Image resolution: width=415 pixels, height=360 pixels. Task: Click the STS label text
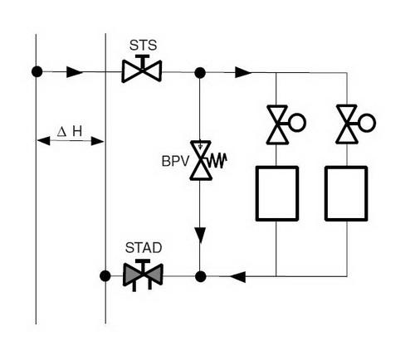[143, 45]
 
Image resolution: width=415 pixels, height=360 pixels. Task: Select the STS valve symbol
[142, 69]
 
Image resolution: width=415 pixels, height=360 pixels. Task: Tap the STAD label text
[144, 248]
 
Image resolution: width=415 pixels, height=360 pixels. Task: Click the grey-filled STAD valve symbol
[143, 275]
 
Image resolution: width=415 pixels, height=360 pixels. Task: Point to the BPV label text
[175, 161]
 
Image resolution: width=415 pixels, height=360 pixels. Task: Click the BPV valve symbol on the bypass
[201, 160]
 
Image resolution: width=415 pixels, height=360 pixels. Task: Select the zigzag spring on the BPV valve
[217, 160]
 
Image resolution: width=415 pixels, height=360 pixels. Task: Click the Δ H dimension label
[70, 132]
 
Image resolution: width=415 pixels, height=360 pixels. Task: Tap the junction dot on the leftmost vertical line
[37, 71]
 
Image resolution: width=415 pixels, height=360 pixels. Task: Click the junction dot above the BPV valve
[200, 73]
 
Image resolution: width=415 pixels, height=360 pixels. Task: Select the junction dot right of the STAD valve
[201, 276]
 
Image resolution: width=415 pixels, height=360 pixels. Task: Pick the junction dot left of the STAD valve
[105, 275]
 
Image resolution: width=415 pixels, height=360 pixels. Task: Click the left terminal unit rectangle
[277, 193]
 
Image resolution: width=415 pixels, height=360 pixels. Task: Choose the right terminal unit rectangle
[346, 193]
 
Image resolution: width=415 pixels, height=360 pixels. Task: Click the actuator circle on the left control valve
[297, 123]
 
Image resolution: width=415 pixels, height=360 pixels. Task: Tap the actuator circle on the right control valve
[367, 122]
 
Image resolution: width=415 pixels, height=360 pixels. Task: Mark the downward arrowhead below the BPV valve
[200, 235]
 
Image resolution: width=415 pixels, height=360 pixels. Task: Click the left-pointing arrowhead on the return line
[237, 277]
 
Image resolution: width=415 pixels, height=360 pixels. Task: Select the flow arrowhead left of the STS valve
[75, 72]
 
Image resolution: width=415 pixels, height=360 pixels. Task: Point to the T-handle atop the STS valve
[142, 61]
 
